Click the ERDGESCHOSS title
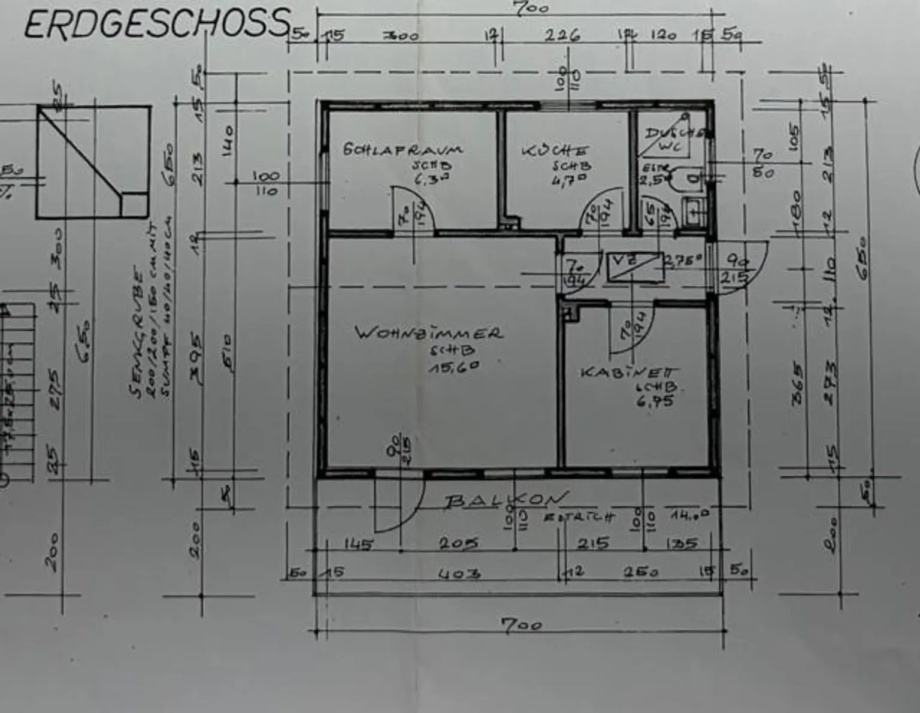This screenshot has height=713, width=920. tap(157, 24)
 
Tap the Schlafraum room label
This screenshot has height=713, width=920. tap(402, 149)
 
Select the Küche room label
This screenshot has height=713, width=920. tap(555, 150)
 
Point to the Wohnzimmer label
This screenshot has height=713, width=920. tap(428, 333)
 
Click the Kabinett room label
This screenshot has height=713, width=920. tap(630, 372)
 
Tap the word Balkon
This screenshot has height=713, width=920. tap(505, 499)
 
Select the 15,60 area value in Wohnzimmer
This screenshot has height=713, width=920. tap(454, 367)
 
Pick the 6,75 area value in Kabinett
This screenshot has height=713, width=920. tap(655, 401)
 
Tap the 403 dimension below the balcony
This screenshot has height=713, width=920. tap(459, 573)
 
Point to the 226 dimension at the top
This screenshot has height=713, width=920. tap(562, 35)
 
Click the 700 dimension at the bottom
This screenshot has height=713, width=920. tap(521, 625)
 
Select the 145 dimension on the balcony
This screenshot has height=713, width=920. tap(358, 544)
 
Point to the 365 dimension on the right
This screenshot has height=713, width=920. tap(797, 382)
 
